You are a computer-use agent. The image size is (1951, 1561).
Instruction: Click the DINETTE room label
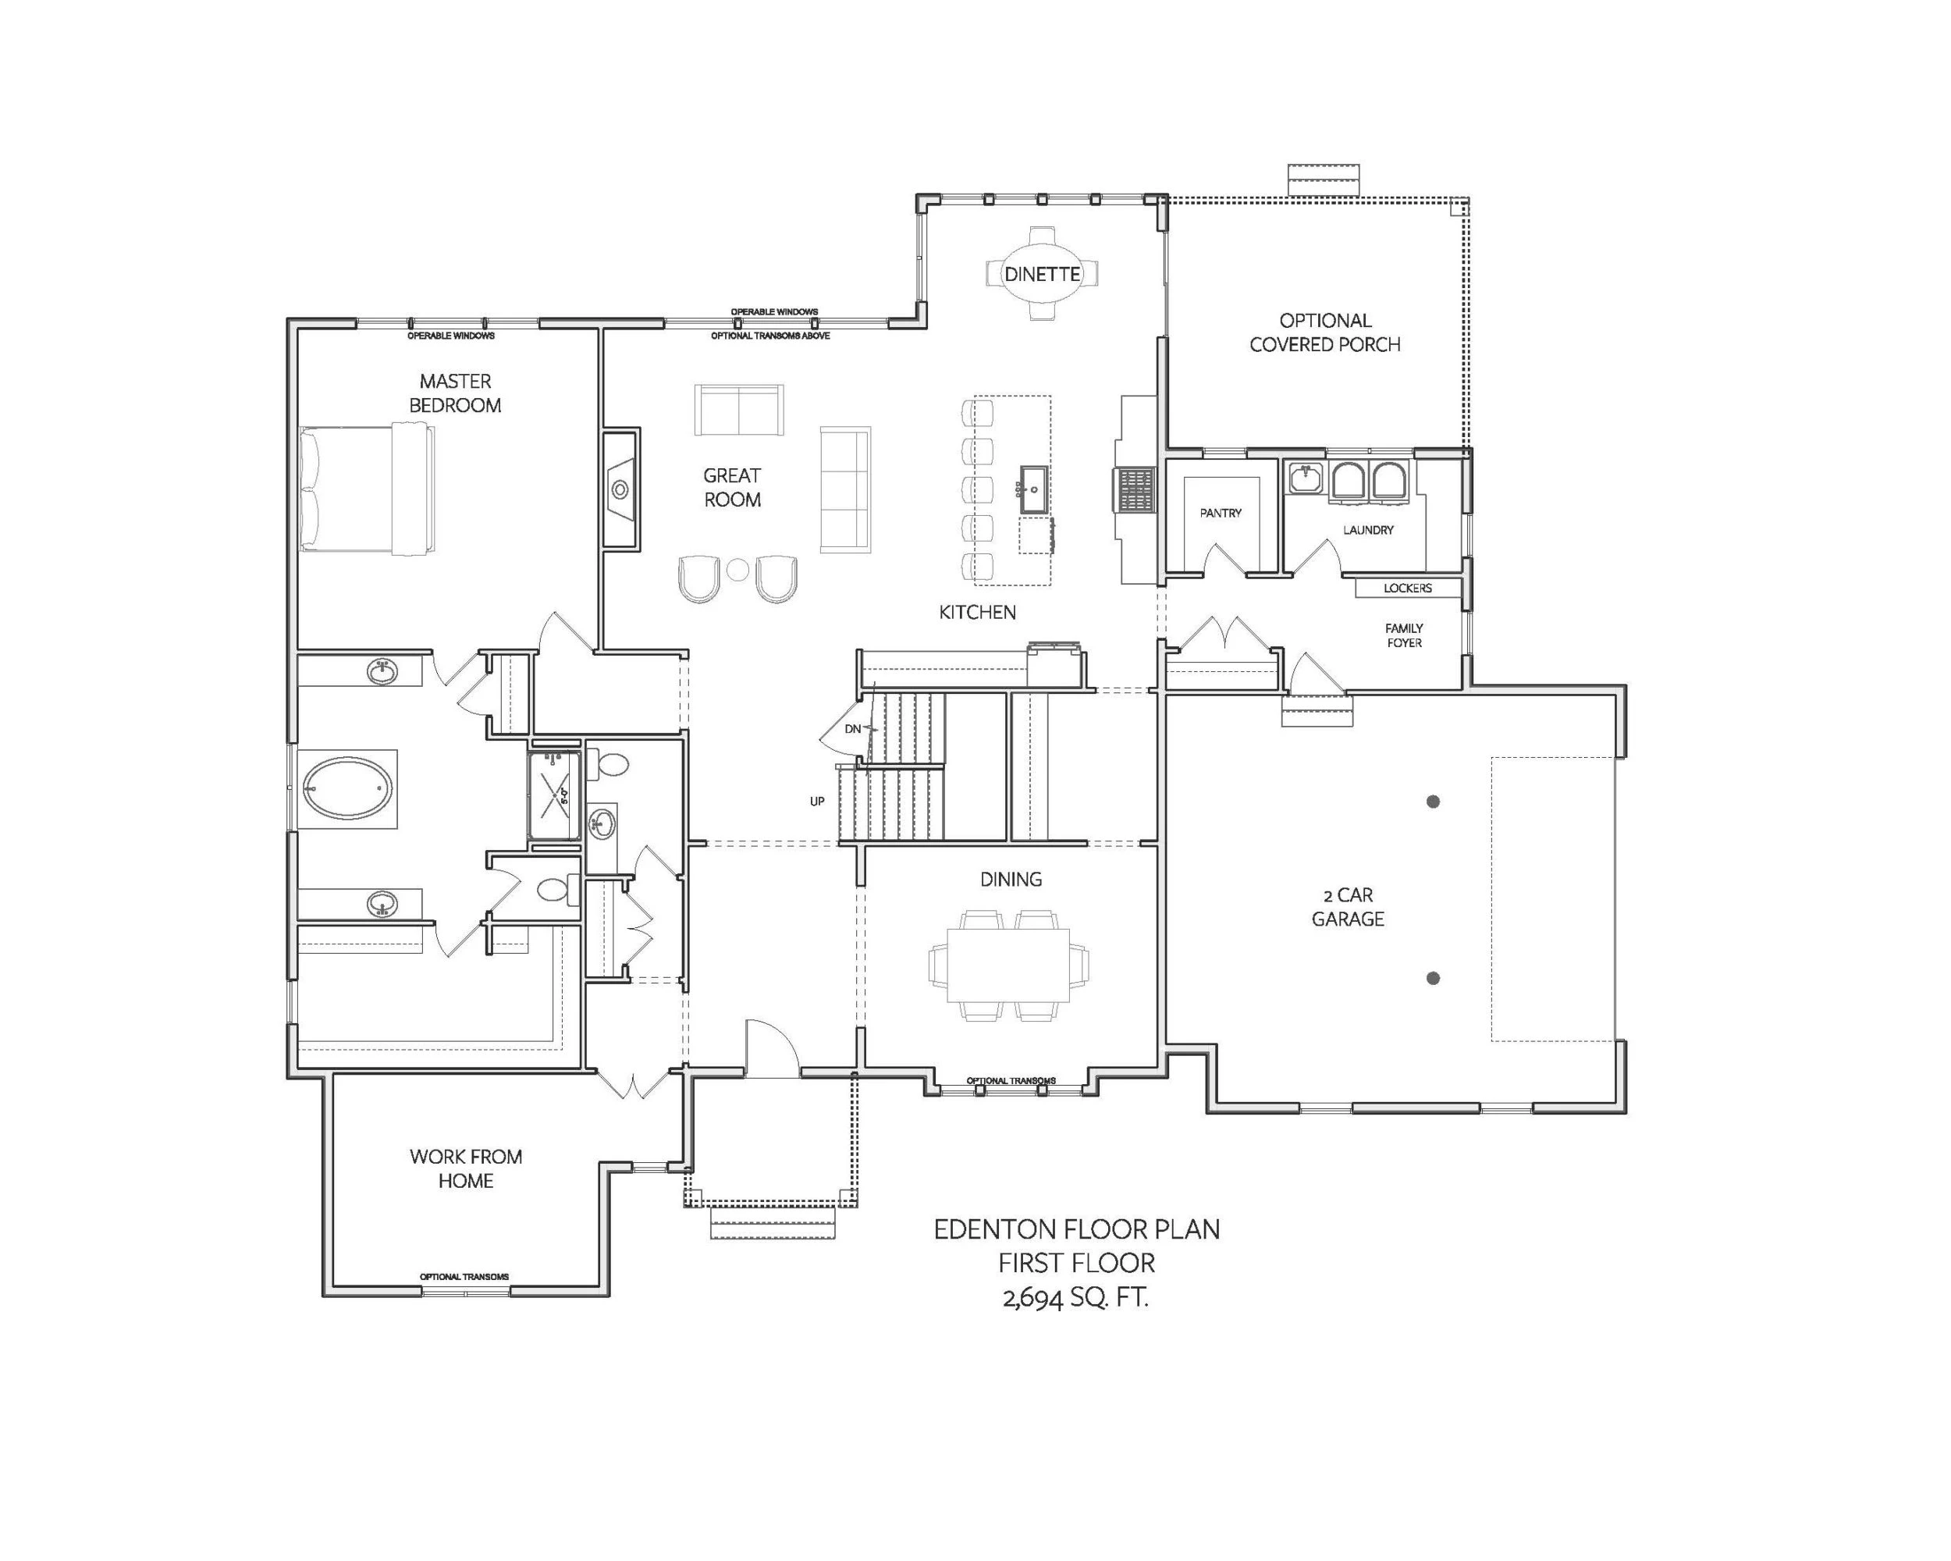(x=1043, y=274)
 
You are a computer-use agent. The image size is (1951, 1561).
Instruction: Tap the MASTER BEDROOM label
(x=455, y=393)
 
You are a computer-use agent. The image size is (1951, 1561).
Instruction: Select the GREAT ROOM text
(x=732, y=487)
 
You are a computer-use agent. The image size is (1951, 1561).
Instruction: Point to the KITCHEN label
(x=977, y=613)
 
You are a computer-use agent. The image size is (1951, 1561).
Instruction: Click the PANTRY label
(x=1221, y=513)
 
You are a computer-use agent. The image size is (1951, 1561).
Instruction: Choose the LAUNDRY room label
(x=1368, y=530)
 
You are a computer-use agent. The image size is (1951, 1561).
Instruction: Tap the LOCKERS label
(x=1408, y=588)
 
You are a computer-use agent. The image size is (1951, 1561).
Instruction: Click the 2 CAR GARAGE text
(x=1349, y=907)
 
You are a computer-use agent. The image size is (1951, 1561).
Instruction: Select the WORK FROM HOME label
(x=466, y=1168)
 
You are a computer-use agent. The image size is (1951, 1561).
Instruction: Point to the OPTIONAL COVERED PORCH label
(x=1325, y=332)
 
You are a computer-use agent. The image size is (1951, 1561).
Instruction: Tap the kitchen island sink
(x=1034, y=489)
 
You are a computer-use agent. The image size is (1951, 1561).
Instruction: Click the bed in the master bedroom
(x=368, y=489)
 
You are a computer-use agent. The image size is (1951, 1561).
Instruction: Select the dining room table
(x=1009, y=965)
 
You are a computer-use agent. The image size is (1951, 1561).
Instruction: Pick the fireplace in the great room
(x=620, y=489)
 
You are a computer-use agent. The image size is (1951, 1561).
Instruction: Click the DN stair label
(x=852, y=728)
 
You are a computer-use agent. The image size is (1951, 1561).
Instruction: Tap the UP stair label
(x=817, y=802)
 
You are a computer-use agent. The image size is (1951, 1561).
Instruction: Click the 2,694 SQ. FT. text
(x=1076, y=1299)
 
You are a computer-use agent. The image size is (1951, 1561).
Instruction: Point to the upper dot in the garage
(x=1434, y=802)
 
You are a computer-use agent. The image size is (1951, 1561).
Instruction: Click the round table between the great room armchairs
(x=738, y=569)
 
